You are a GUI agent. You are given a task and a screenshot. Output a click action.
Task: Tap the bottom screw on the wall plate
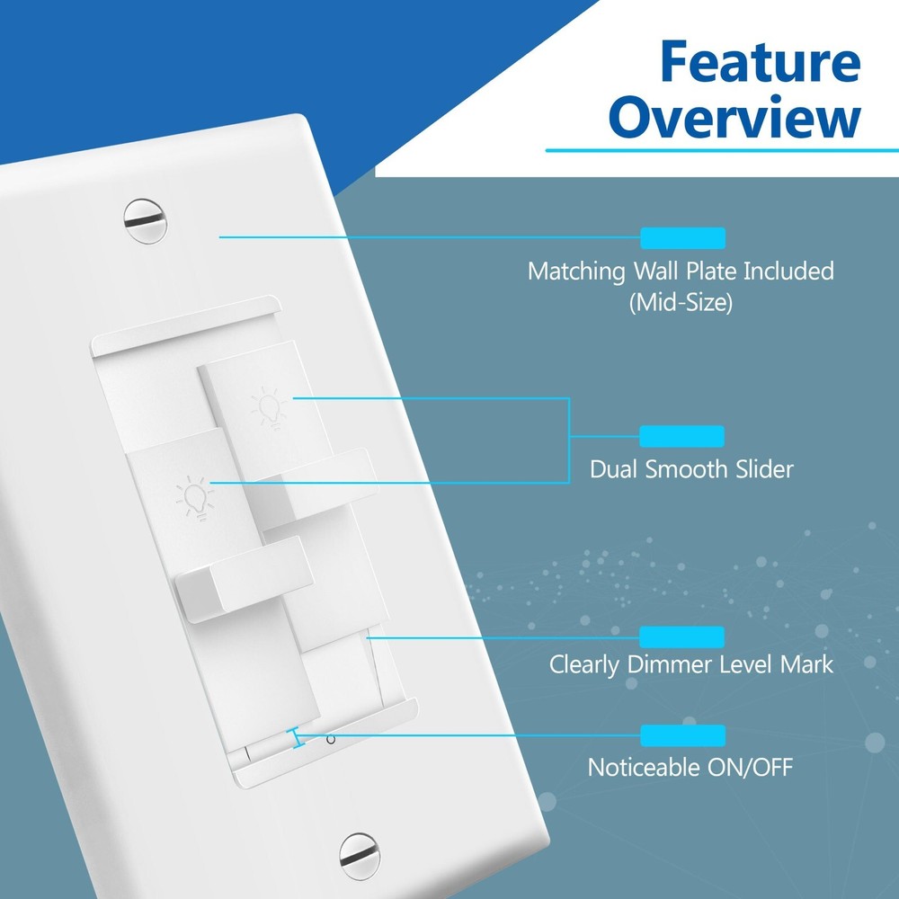pyautogui.click(x=359, y=852)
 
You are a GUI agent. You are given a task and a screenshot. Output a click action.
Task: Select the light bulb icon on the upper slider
pyautogui.click(x=266, y=408)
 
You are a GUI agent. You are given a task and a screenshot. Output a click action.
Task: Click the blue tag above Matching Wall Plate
pyautogui.click(x=682, y=237)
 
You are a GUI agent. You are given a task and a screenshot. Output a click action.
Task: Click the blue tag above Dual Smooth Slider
pyautogui.click(x=681, y=436)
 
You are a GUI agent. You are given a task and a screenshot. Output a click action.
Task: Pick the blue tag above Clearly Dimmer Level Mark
pyautogui.click(x=681, y=636)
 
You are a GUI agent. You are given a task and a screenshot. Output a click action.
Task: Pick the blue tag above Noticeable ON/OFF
pyautogui.click(x=682, y=735)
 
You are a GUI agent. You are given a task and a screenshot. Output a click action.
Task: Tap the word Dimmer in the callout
pyautogui.click(x=668, y=665)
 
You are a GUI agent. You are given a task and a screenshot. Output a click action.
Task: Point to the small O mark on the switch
pyautogui.click(x=331, y=740)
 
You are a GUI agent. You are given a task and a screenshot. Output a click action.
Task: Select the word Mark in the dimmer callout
pyautogui.click(x=802, y=665)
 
